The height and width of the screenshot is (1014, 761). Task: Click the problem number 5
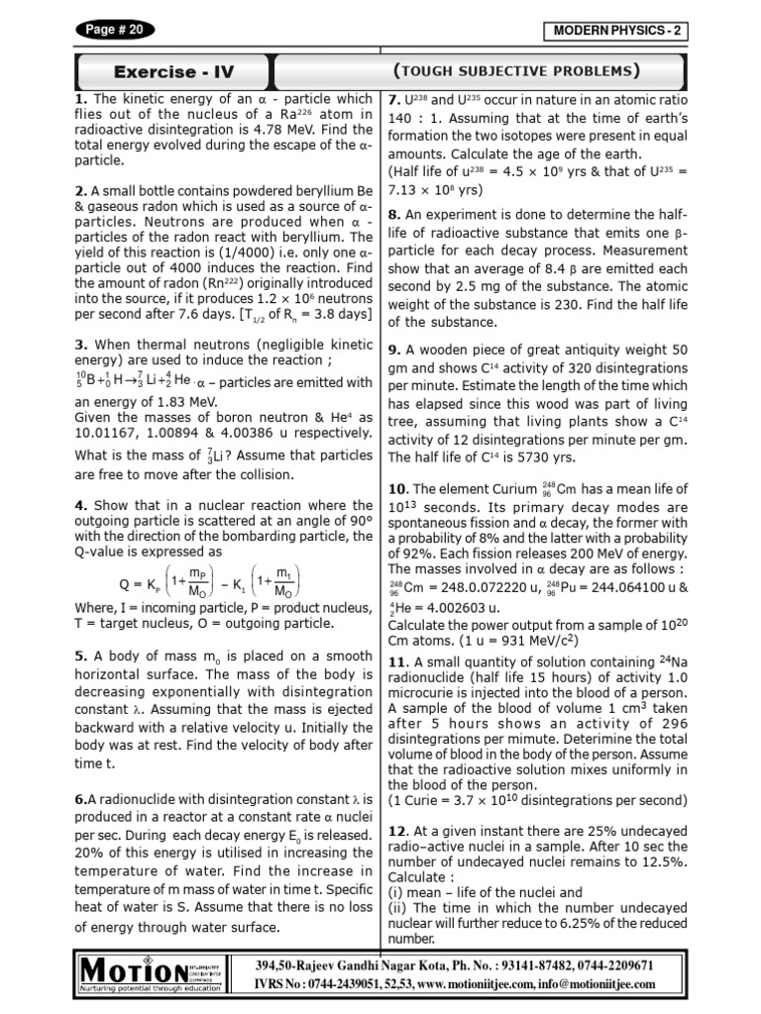click(x=79, y=656)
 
